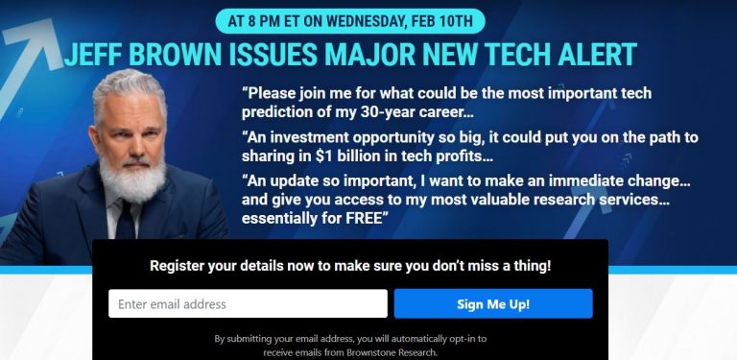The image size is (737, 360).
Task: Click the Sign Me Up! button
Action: pos(493,304)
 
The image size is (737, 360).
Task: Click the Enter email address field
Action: pos(248,304)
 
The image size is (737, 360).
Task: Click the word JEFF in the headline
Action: pos(91,54)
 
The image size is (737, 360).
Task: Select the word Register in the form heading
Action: pos(180,265)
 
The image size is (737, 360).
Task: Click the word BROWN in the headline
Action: pos(185,54)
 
